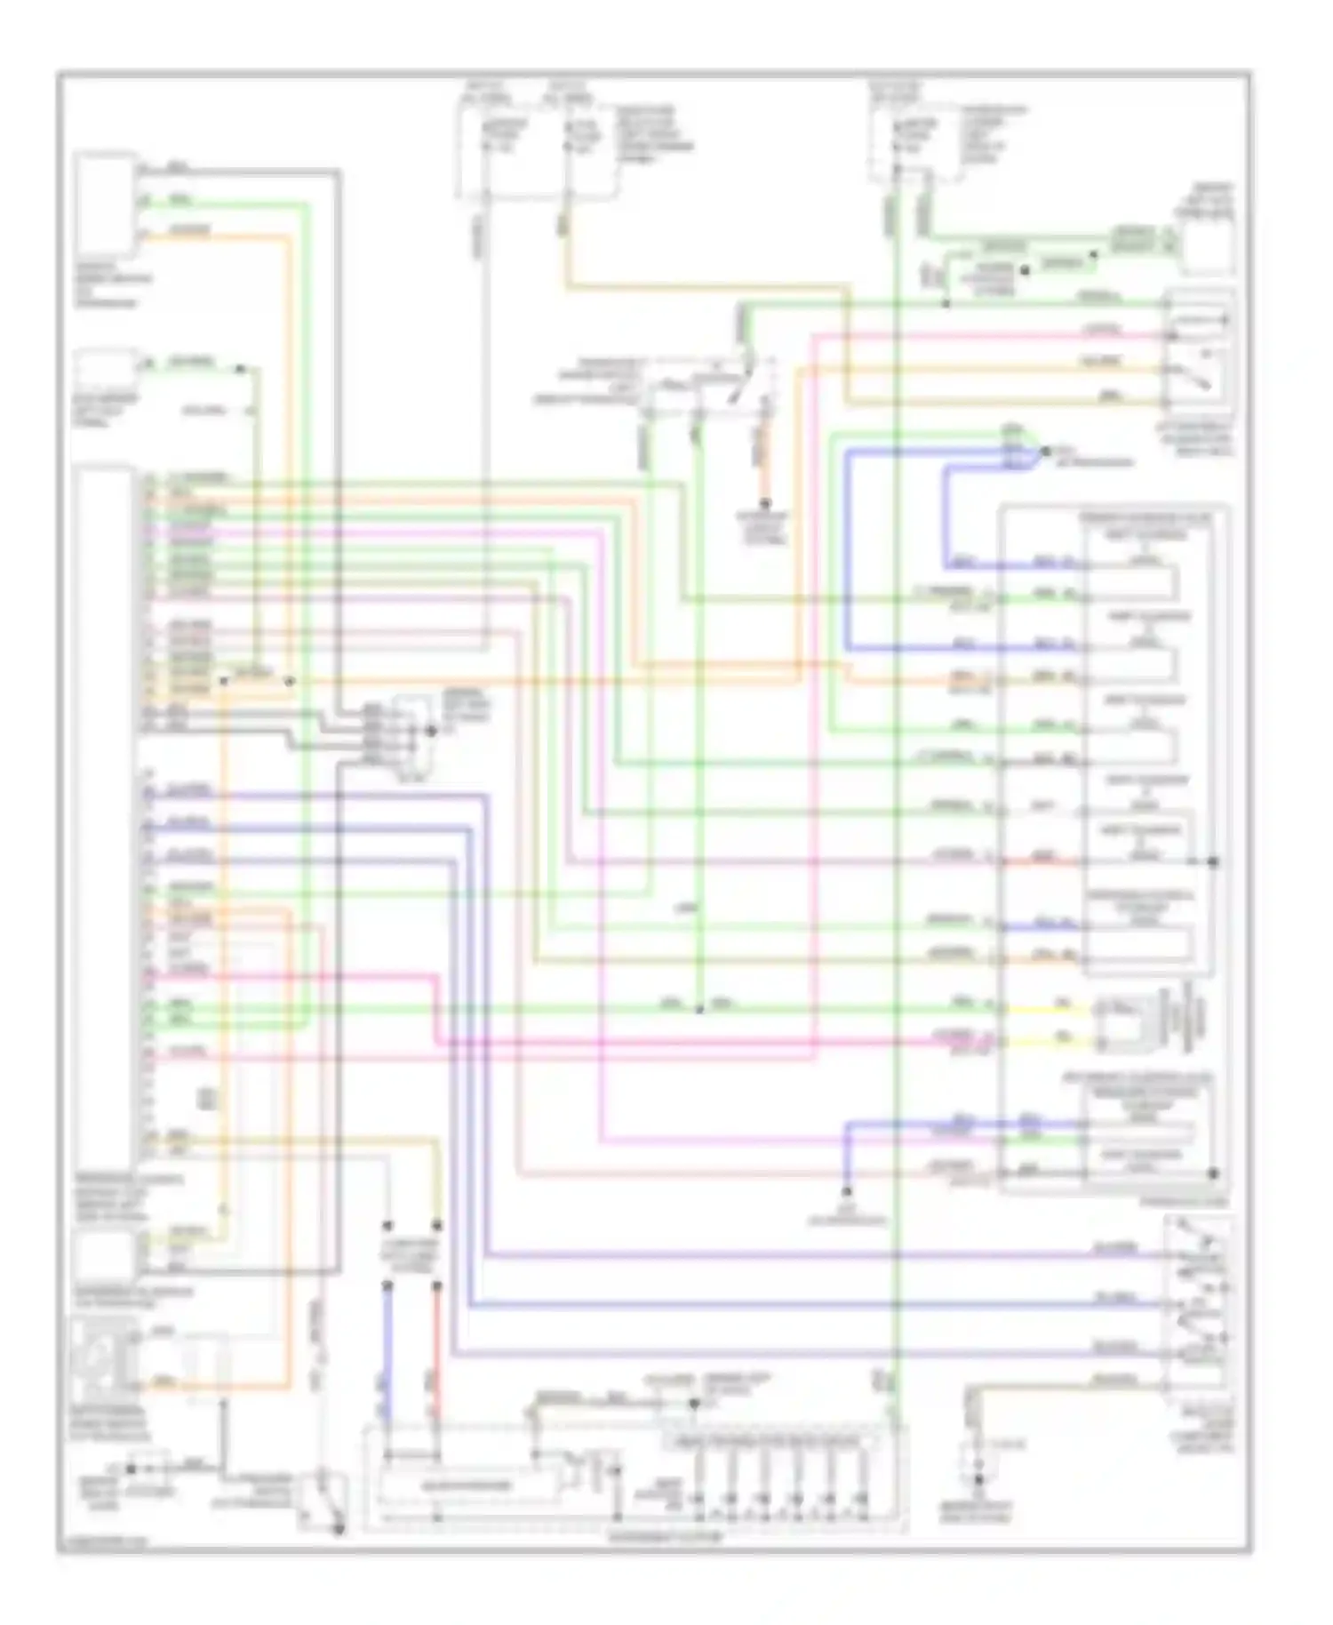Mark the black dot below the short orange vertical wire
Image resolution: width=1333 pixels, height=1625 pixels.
765,504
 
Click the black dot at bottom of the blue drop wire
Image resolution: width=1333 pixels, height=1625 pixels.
847,1191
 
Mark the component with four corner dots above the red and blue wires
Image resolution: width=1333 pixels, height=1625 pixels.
411,1255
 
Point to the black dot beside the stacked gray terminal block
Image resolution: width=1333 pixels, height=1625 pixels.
432,731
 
